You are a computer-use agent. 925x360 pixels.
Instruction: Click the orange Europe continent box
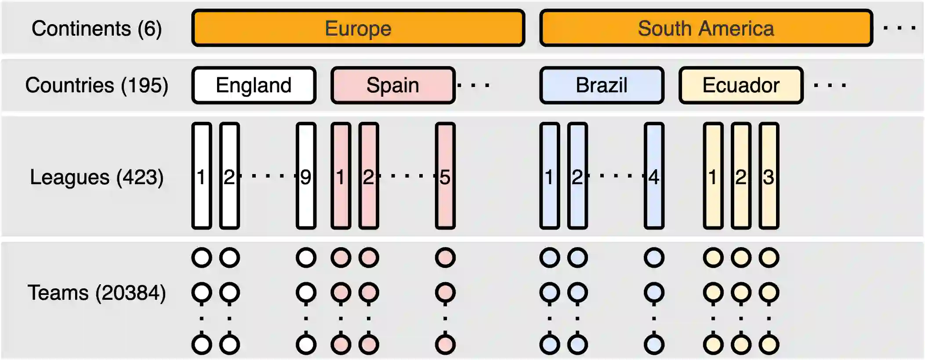358,28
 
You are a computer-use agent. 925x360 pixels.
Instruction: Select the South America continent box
706,28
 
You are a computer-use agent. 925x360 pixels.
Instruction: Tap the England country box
254,85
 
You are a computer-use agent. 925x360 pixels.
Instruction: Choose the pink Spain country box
393,85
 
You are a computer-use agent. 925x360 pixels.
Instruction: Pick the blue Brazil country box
602,85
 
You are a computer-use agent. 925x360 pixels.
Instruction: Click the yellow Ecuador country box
741,85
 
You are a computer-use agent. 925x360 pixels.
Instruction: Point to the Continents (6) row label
97,29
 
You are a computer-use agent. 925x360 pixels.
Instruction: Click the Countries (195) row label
97,85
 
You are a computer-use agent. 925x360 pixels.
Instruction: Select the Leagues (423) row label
97,177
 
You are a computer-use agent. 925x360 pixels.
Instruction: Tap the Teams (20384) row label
97,293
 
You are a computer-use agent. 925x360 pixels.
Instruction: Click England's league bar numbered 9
306,176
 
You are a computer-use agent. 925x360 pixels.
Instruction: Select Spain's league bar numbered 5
445,176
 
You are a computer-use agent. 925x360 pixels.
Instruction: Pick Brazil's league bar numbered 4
654,176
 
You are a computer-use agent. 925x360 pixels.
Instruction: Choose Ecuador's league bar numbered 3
769,176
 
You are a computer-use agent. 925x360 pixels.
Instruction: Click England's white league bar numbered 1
202,176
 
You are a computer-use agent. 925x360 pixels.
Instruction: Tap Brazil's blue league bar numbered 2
577,176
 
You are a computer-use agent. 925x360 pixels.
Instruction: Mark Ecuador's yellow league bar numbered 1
713,176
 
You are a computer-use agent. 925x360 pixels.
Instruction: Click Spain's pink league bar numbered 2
368,176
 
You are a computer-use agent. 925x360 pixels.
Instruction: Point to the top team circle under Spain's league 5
445,258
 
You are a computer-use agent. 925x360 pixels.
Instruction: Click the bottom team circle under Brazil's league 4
654,344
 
